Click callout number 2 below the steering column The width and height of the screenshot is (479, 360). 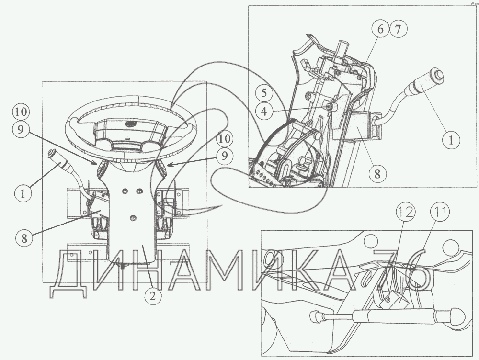(x=153, y=295)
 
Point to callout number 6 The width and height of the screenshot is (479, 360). (x=380, y=29)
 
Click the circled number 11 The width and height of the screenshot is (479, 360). (x=440, y=212)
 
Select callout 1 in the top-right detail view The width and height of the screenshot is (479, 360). (x=451, y=140)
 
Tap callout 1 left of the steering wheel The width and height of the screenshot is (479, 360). (x=23, y=193)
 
